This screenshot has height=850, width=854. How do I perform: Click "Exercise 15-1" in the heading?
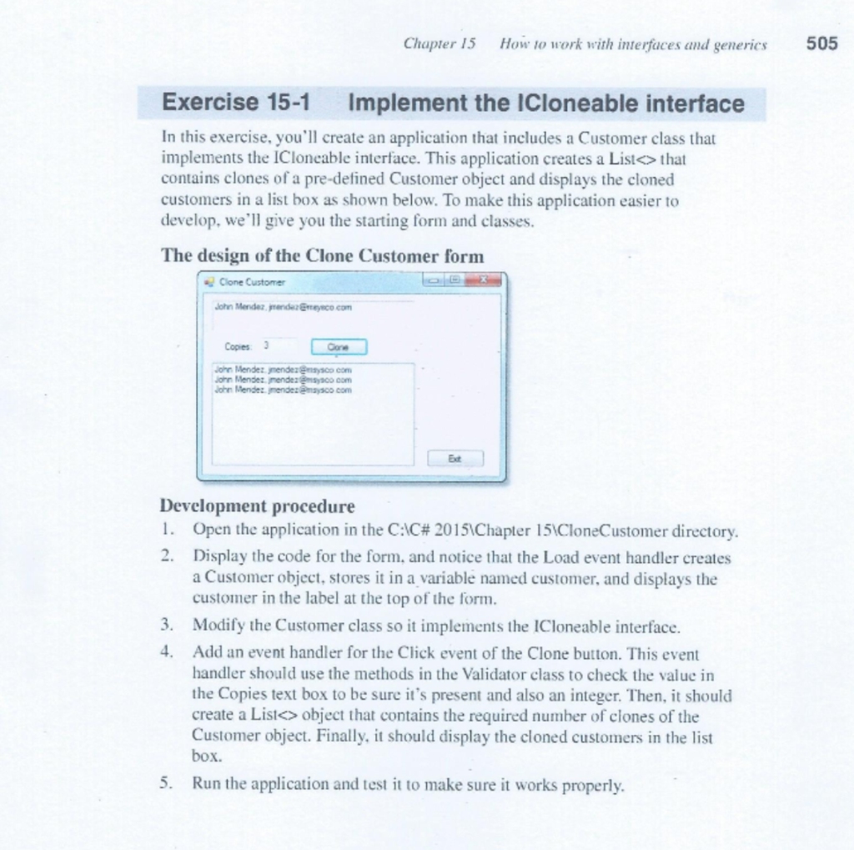tap(236, 103)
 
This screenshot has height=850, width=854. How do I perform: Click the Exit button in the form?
tap(455, 458)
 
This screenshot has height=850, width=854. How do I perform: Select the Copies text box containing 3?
tap(279, 345)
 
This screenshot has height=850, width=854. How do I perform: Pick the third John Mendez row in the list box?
tap(282, 389)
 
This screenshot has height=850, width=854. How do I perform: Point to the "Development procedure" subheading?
tap(257, 506)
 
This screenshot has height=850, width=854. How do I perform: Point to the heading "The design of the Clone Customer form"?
tap(322, 256)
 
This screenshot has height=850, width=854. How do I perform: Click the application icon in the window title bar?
tap(209, 282)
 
